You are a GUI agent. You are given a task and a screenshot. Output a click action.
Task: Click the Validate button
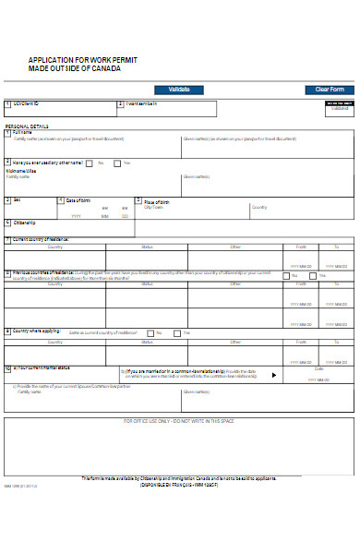click(180, 90)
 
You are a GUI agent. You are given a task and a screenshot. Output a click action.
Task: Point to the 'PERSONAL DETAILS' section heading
click(26, 125)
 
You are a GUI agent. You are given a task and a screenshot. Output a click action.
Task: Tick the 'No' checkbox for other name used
click(90, 163)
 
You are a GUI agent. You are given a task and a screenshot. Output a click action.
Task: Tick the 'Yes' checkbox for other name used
click(115, 163)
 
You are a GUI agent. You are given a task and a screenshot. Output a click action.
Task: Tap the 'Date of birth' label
click(78, 200)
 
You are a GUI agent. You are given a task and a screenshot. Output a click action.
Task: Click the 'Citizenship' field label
click(25, 223)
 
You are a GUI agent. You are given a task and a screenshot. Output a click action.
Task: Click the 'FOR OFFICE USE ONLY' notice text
click(179, 420)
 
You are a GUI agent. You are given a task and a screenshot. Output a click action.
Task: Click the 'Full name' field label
click(22, 132)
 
